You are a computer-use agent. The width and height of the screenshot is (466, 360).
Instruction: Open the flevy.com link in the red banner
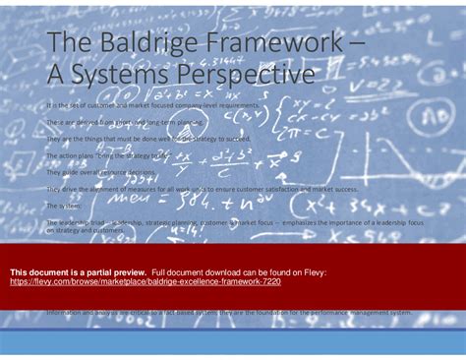[145, 280]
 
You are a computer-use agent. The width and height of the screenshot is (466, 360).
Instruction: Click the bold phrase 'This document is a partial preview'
[78, 271]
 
